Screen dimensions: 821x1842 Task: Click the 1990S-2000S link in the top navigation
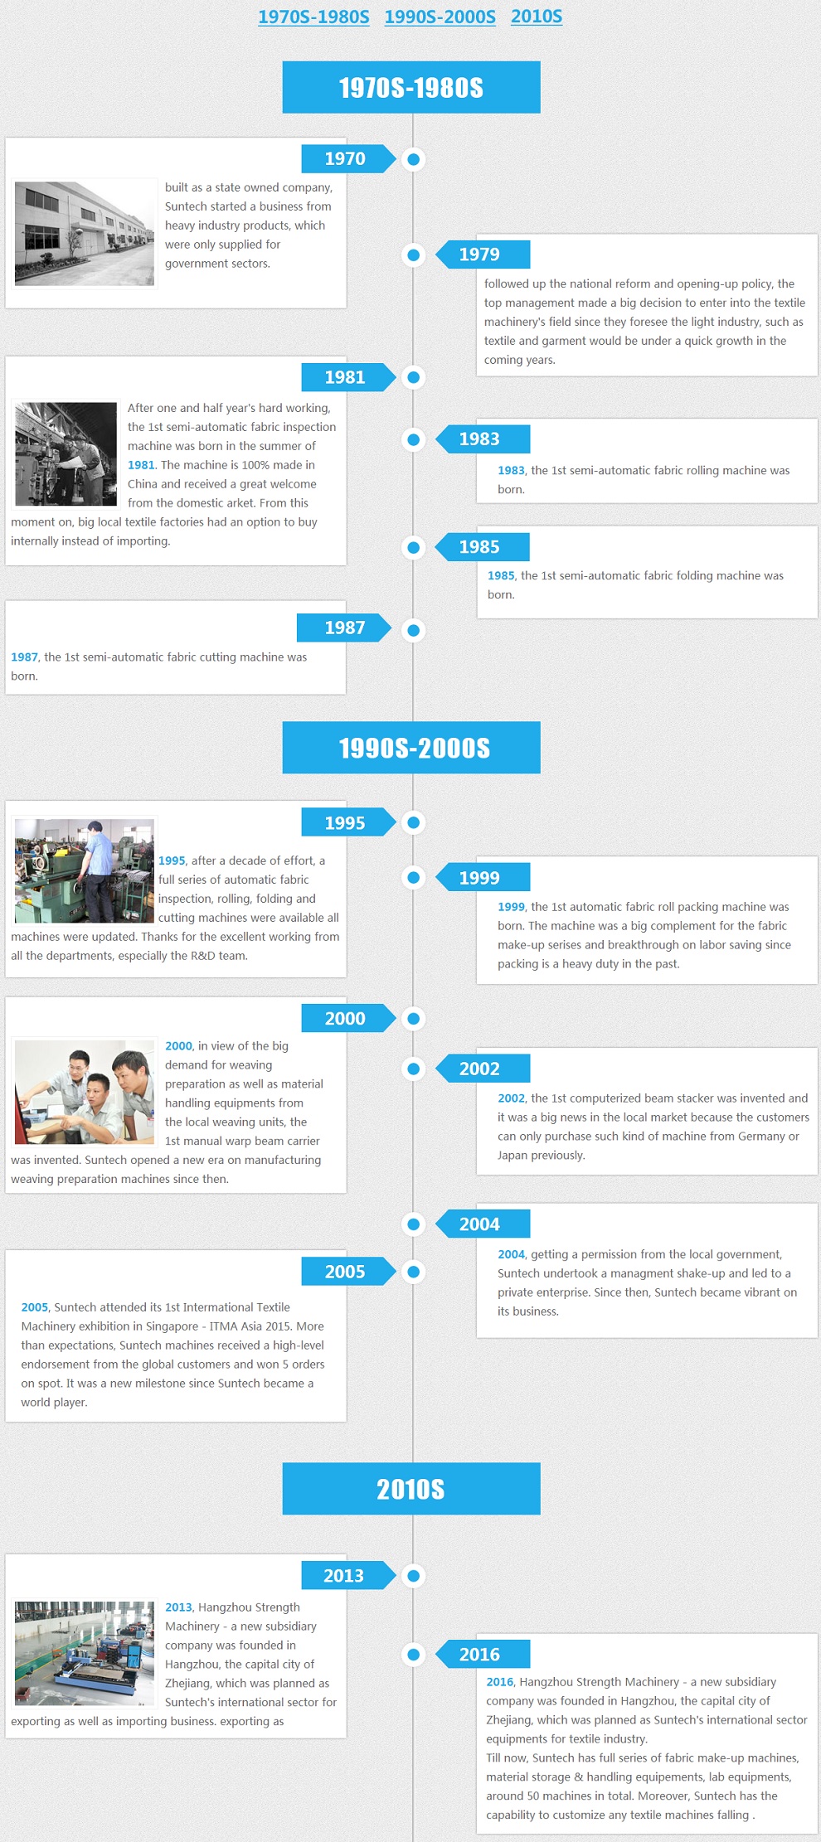point(440,17)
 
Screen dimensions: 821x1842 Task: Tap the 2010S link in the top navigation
point(537,17)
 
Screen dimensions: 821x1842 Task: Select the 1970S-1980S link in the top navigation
point(313,17)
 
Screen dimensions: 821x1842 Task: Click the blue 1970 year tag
point(348,158)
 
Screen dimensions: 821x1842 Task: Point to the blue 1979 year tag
point(483,254)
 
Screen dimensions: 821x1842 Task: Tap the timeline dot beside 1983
point(413,439)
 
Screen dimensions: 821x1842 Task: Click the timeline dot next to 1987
point(413,630)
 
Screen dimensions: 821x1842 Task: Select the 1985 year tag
point(483,547)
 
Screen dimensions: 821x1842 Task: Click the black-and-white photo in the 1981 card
point(66,454)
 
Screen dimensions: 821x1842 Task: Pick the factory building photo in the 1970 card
point(85,234)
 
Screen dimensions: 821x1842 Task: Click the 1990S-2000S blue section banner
point(411,748)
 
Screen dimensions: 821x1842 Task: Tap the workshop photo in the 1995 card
point(85,870)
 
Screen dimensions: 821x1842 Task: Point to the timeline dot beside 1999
point(413,877)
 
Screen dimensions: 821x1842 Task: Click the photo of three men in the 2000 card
point(85,1093)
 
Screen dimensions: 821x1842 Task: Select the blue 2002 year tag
point(483,1069)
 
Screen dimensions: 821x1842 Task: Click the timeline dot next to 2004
point(413,1224)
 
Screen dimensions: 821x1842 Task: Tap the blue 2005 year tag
point(348,1271)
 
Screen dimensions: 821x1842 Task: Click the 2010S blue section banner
point(411,1489)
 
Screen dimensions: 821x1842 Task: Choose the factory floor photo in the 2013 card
point(85,1653)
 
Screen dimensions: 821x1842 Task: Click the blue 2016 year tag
point(483,1654)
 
